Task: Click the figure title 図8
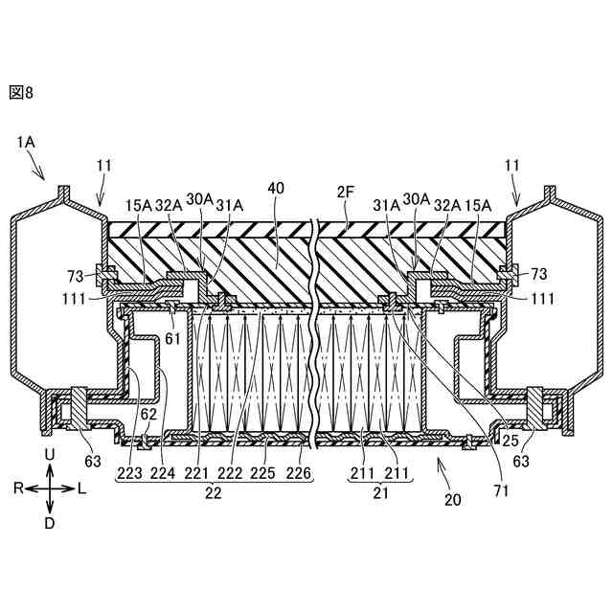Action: [21, 92]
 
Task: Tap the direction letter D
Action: [50, 523]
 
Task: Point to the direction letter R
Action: [17, 488]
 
